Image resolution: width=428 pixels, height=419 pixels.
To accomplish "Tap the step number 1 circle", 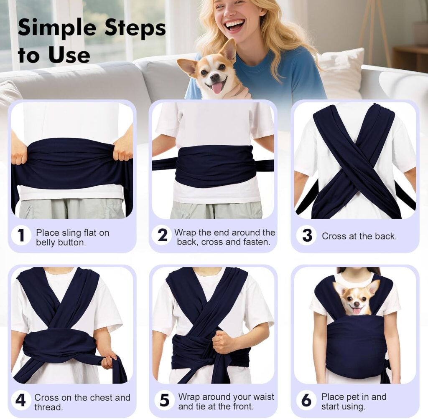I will click(x=20, y=236).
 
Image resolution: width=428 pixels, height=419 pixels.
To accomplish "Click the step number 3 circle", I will click(x=307, y=236).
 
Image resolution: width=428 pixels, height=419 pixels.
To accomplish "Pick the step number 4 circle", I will click(x=20, y=400).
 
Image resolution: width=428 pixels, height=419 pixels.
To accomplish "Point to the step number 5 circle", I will click(x=164, y=400).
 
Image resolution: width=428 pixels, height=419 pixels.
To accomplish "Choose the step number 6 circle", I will click(x=306, y=400).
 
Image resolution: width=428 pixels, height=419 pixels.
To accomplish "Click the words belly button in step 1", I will click(x=61, y=242).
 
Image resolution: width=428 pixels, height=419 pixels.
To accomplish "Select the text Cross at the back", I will click(x=359, y=236).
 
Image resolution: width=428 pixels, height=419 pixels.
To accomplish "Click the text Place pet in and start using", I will click(x=353, y=401).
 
